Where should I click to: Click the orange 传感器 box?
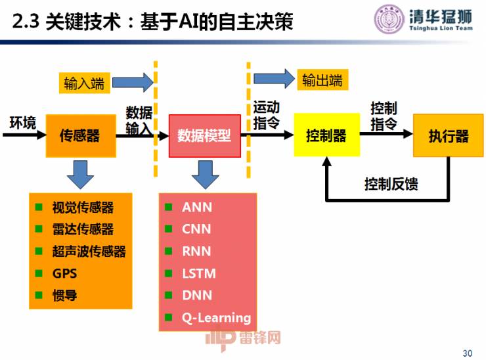[x=80, y=135]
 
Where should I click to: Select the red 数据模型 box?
[x=204, y=136]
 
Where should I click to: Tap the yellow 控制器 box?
[x=326, y=135]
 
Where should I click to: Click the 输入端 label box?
[x=84, y=83]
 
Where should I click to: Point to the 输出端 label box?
[x=322, y=80]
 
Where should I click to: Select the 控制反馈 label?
[x=391, y=184]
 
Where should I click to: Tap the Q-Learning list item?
[x=217, y=318]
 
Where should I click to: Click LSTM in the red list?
[x=199, y=273]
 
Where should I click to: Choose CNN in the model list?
[x=197, y=229]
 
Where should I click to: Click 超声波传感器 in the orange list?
[x=89, y=252]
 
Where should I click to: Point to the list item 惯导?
[x=65, y=296]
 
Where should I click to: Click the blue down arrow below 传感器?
[x=80, y=173]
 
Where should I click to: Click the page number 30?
[x=467, y=353]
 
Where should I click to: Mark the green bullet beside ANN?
[x=169, y=208]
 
